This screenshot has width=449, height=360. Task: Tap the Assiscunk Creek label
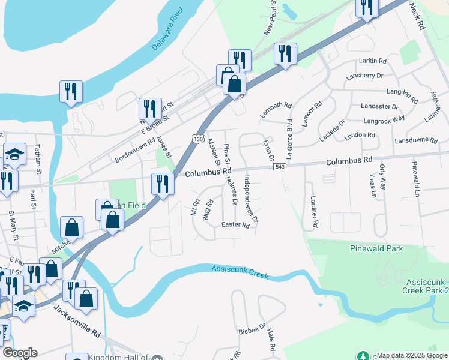[x=240, y=272]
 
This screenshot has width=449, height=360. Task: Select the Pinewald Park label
[x=377, y=248]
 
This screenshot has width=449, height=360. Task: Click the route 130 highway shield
[x=198, y=139]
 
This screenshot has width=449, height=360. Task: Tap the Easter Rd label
[x=235, y=226]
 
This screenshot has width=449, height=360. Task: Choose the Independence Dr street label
[x=251, y=199]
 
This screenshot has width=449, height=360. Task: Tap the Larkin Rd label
[x=372, y=61]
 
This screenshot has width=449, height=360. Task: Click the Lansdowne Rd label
[x=415, y=140]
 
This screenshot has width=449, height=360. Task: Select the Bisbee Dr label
[x=251, y=330]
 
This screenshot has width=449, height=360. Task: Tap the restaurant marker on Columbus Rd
[x=162, y=182]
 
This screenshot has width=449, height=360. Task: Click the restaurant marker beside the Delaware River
[x=71, y=91]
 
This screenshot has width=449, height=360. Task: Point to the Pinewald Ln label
[x=415, y=178]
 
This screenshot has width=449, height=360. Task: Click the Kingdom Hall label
[x=127, y=357]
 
